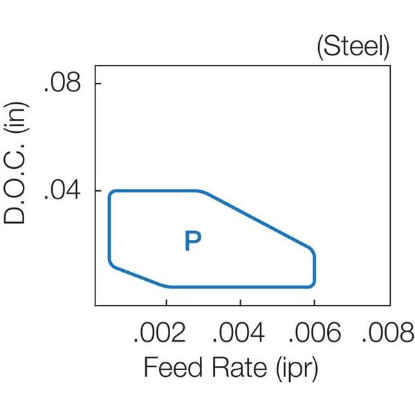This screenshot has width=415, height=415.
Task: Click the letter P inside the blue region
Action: [x=193, y=241]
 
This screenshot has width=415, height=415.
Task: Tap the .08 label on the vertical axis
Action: [x=62, y=83]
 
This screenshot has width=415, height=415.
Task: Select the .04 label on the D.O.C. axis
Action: [x=62, y=190]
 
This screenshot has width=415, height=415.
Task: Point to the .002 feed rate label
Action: [x=160, y=333]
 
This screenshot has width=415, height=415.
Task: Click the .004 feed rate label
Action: [x=239, y=333]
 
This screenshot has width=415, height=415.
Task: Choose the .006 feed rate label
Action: [x=315, y=333]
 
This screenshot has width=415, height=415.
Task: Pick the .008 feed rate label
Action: [x=388, y=333]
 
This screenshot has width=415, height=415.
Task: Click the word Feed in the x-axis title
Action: [x=174, y=367]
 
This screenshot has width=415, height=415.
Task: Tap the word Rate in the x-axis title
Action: [x=239, y=367]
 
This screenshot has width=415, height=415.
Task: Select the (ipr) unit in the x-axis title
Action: [x=297, y=369]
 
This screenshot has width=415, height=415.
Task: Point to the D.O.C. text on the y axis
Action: [x=15, y=184]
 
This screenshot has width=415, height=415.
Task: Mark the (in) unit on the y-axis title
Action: [x=17, y=118]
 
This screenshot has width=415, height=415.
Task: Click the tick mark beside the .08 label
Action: [x=98, y=84]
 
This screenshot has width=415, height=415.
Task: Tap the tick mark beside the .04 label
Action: [x=98, y=191]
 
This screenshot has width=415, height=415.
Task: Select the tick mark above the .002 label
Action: [x=166, y=302]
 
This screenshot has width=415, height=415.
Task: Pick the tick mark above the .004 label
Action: [x=240, y=302]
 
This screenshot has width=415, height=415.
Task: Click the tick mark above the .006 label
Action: [x=315, y=302]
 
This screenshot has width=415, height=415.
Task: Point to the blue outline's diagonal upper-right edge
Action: [x=258, y=221]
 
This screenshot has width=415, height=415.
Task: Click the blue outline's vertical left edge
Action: [x=109, y=228]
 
